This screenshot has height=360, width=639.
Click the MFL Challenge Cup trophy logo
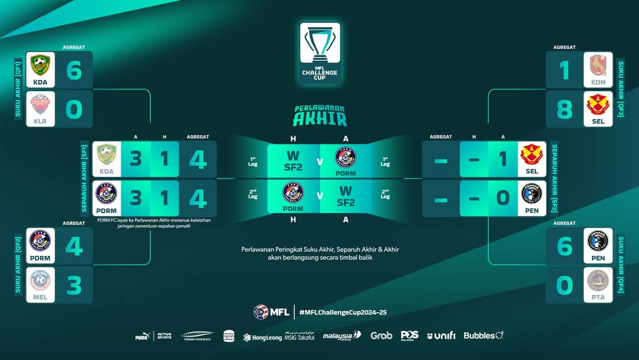[x=319, y=52]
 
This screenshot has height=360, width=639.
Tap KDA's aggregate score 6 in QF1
[x=74, y=70]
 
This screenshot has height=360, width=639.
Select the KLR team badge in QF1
[x=40, y=106]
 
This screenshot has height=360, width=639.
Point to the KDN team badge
[x=598, y=66]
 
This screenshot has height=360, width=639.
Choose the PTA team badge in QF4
[x=598, y=281]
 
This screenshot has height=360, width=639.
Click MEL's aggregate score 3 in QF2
[x=74, y=285]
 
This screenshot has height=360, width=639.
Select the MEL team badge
[x=40, y=281]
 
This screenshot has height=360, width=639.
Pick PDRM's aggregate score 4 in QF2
[x=74, y=246]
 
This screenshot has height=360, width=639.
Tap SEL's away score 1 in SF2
[x=502, y=159]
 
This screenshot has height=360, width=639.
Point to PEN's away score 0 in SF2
[x=502, y=198]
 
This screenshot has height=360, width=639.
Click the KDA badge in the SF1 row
[x=106, y=156]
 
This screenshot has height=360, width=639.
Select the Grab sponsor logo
[x=382, y=336]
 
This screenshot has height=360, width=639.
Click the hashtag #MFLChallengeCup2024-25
[x=343, y=312]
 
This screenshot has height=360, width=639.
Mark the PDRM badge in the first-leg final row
[x=346, y=156]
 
